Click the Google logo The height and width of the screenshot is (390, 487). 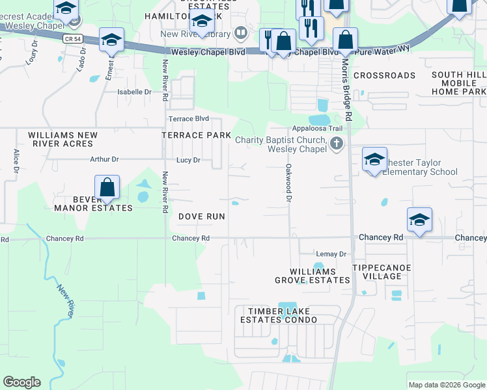coord(22,382)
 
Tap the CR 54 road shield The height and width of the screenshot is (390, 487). coord(72,39)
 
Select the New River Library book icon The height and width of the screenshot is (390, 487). coord(241,32)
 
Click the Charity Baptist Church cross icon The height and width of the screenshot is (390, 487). coord(336,144)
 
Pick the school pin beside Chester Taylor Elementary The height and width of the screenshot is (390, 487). coord(374,161)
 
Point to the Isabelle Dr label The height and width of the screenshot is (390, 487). coord(134,92)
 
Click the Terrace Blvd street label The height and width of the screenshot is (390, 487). coord(189,119)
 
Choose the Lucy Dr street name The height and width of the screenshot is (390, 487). coord(188,160)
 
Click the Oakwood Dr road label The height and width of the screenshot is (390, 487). coord(287,183)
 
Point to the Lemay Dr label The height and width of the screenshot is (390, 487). coord(331,253)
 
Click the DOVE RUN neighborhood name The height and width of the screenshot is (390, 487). coord(201,216)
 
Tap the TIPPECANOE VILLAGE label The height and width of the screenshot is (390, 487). coord(377,272)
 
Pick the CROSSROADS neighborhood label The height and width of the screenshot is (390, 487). coord(384,75)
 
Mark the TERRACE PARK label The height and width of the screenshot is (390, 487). coord(196,135)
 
